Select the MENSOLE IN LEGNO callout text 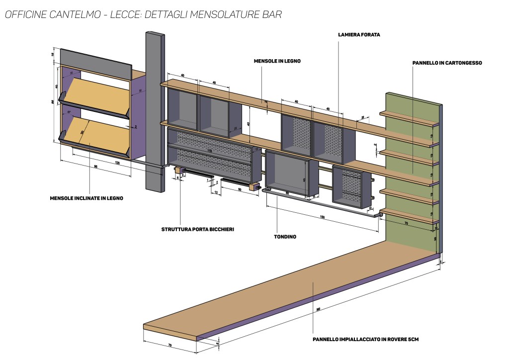[x=277, y=61]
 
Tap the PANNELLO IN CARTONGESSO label [x=447, y=63]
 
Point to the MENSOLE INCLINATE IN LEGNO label [x=86, y=198]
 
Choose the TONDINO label [x=285, y=237]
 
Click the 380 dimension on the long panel [x=318, y=309]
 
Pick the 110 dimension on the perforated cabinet [x=209, y=151]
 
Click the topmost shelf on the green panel [x=409, y=120]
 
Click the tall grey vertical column [x=155, y=109]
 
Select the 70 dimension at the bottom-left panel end [x=170, y=344]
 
